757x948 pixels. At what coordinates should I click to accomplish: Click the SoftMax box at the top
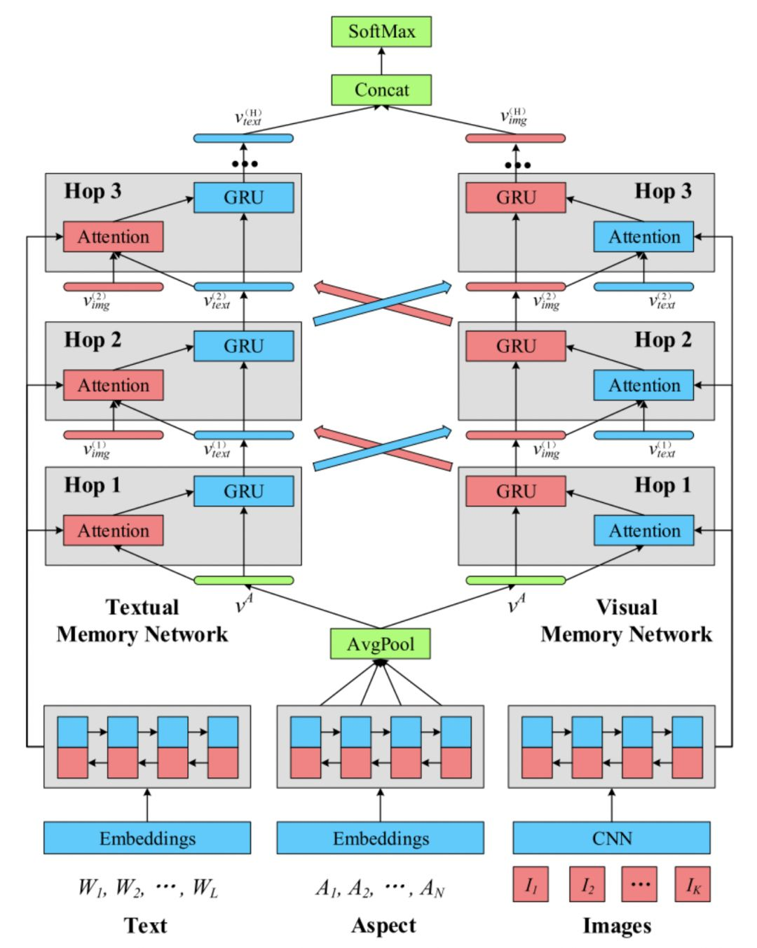[x=381, y=32]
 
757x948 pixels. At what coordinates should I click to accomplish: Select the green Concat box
[x=381, y=90]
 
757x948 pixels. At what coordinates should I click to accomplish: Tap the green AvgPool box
[x=380, y=644]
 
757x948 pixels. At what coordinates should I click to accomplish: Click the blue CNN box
[x=611, y=838]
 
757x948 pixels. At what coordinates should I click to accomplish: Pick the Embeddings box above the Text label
[x=147, y=838]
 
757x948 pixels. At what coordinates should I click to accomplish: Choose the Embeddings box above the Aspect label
[x=380, y=838]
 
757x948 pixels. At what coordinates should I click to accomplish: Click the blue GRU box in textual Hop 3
[x=243, y=197]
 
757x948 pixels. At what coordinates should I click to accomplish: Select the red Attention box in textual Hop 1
[x=113, y=531]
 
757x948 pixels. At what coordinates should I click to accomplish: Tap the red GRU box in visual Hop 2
[x=515, y=346]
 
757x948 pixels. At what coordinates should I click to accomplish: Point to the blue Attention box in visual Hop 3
[x=643, y=237]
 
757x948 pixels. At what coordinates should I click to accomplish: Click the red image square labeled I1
[x=531, y=884]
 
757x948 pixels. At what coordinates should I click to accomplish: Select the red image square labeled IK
[x=693, y=884]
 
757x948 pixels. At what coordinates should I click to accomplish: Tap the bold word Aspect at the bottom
[x=383, y=926]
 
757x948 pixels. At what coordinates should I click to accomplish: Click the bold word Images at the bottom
[x=617, y=926]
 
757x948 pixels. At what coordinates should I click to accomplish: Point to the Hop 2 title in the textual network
[x=93, y=340]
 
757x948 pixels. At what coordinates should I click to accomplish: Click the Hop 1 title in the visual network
[x=662, y=485]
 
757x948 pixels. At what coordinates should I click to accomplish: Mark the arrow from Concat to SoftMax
[x=381, y=61]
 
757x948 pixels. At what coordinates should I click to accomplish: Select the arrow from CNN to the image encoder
[x=611, y=805]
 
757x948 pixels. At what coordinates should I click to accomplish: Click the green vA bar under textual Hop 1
[x=243, y=580]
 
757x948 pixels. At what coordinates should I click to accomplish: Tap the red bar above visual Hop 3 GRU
[x=515, y=139]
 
